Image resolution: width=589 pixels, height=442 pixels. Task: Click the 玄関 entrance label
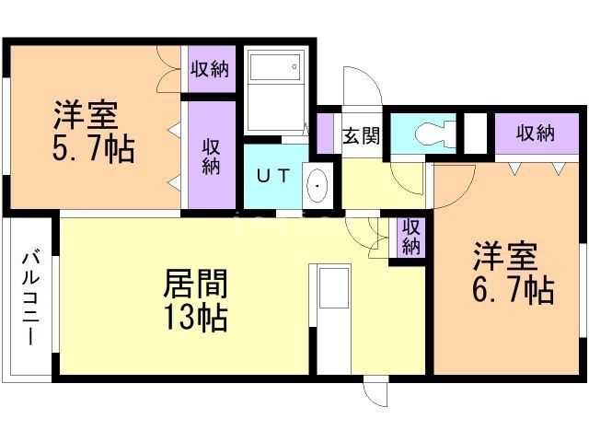point(362,135)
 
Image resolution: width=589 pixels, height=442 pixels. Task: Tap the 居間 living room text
point(195,282)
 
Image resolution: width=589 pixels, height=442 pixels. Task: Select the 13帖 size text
point(195,318)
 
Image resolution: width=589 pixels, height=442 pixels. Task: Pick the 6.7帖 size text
point(513,289)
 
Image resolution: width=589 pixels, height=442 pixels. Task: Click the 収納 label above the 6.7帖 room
point(535,133)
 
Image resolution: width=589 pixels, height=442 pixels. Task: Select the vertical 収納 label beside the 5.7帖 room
point(212,156)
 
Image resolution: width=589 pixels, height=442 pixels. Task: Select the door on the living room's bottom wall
point(375,390)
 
